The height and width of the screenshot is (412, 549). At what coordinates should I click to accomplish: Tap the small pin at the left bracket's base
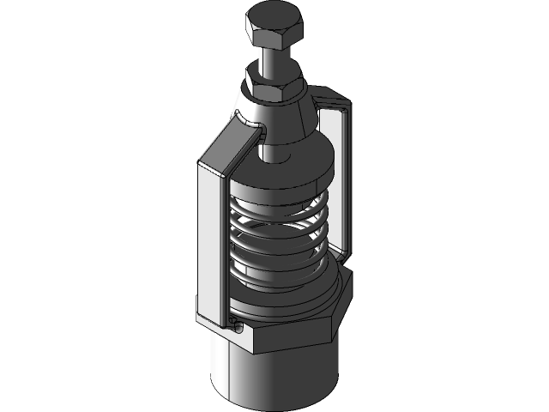pyautogui.click(x=233, y=324)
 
